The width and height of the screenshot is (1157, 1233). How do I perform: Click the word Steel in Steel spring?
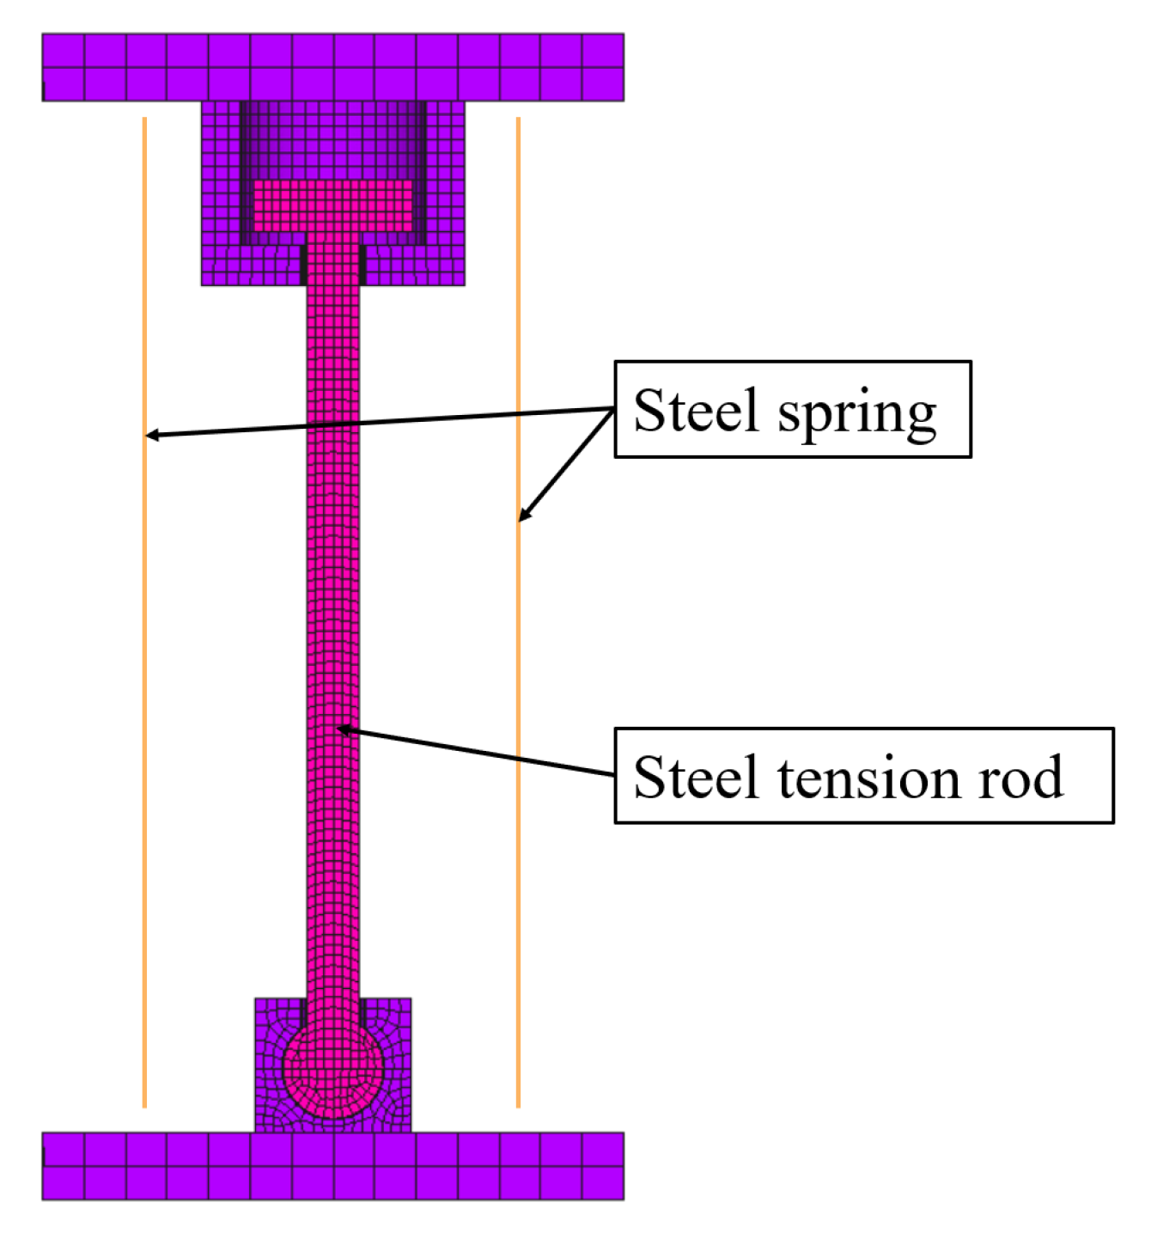(696, 411)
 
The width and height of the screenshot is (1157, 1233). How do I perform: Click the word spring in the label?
(856, 414)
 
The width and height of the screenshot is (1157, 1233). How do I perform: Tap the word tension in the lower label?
(870, 778)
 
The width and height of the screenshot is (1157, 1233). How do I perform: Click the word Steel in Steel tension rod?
(696, 778)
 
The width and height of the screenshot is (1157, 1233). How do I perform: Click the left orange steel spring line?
(144, 687)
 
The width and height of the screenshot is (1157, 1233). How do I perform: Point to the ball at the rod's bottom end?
(332, 1070)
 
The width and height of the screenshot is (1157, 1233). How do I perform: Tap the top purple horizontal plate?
(332, 67)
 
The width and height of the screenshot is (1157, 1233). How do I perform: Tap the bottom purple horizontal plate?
(332, 1166)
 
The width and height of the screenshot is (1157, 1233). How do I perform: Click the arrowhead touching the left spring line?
(151, 436)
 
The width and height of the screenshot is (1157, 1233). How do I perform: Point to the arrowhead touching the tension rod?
(344, 729)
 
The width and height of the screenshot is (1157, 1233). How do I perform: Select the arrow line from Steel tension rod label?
(481, 753)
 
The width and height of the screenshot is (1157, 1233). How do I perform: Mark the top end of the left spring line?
(144, 119)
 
